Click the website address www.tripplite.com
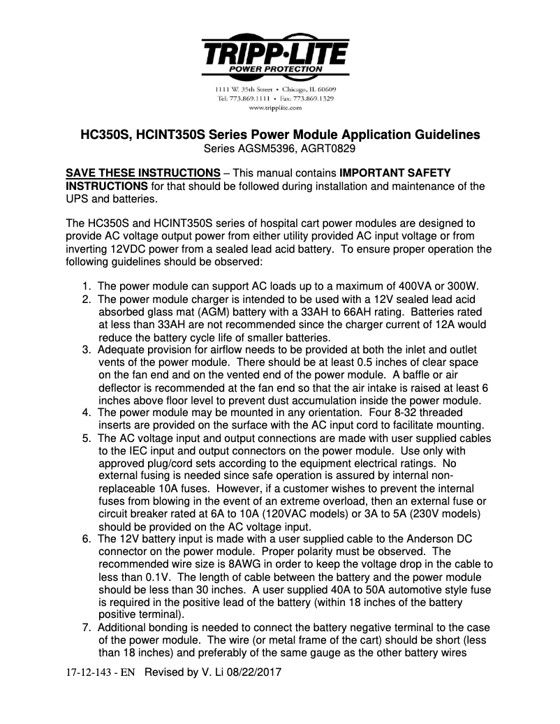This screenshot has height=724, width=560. [275, 108]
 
